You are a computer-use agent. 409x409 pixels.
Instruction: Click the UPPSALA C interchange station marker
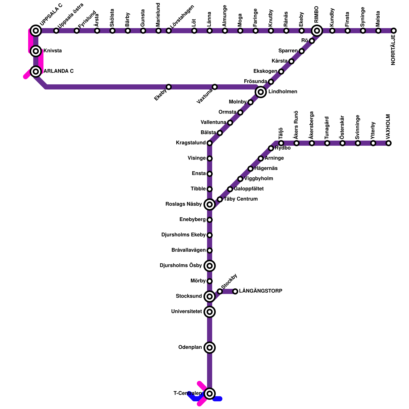[x=36, y=31]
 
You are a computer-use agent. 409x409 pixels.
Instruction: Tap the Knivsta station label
[x=52, y=51]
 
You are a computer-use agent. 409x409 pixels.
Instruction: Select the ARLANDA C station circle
[x=36, y=72]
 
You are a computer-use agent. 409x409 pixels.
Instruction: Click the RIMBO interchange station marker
[x=317, y=31]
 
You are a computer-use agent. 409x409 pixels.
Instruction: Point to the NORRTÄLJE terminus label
[x=393, y=50]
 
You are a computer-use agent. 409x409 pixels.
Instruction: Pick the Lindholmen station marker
[x=261, y=92]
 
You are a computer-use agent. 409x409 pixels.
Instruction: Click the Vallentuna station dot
[x=230, y=123]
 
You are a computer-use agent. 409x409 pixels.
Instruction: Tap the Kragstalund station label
[x=191, y=143]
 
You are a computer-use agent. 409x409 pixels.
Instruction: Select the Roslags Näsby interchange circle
[x=210, y=204]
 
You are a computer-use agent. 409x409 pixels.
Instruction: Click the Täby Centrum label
[x=241, y=199]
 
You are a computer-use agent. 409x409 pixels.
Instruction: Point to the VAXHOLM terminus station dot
[x=389, y=143]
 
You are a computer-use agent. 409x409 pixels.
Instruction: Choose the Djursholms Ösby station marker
[x=210, y=266]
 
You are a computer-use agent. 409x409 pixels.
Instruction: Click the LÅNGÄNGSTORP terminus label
[x=260, y=291]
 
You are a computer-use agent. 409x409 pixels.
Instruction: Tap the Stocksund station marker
[x=210, y=297]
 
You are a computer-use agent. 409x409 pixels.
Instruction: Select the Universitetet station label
[x=187, y=312]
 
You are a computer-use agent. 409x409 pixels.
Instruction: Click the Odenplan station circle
[x=210, y=348]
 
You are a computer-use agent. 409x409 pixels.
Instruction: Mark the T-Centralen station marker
[x=210, y=393]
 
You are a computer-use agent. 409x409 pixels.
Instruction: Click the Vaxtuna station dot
[x=215, y=87]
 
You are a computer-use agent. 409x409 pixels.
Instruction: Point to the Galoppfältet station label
[x=249, y=189]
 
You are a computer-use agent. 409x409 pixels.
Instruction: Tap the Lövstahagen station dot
[x=169, y=31]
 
